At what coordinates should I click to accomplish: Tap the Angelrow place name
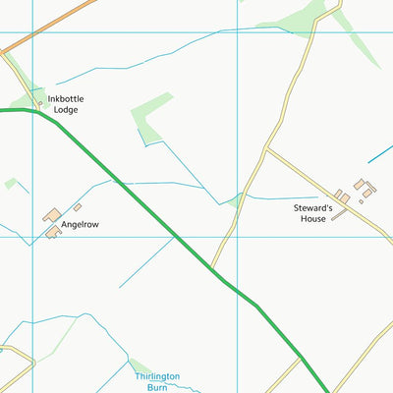pos(80,225)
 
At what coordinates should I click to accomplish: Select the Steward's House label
pos(313,213)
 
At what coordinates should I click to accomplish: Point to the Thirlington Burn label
pos(157,381)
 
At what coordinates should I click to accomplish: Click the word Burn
pos(157,387)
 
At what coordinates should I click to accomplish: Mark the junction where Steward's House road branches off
pos(267,149)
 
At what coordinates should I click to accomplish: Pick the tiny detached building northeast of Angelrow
pos(77,206)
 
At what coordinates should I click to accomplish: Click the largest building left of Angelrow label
pos(51,214)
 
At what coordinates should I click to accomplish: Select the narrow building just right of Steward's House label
pos(338,215)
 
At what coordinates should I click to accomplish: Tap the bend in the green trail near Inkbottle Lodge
pos(39,113)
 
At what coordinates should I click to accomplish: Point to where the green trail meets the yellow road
pos(210,267)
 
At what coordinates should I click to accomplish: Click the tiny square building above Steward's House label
pos(343,197)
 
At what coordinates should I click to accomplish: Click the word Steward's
pos(313,207)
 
